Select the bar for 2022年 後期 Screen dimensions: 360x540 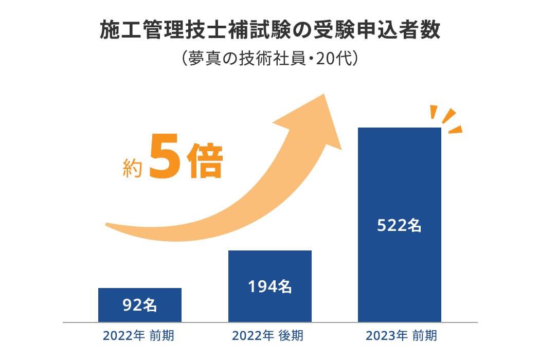pyautogui.click(x=269, y=267)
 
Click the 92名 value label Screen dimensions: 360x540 pyautogui.click(x=139, y=305)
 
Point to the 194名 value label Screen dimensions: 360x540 pyautogui.click(x=269, y=286)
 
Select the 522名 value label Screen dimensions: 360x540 pyautogui.click(x=399, y=225)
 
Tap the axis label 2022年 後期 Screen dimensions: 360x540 pyautogui.click(x=268, y=336)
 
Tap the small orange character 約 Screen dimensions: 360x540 pyautogui.click(x=132, y=168)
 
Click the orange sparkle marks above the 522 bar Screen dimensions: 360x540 pyautogui.click(x=445, y=119)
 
